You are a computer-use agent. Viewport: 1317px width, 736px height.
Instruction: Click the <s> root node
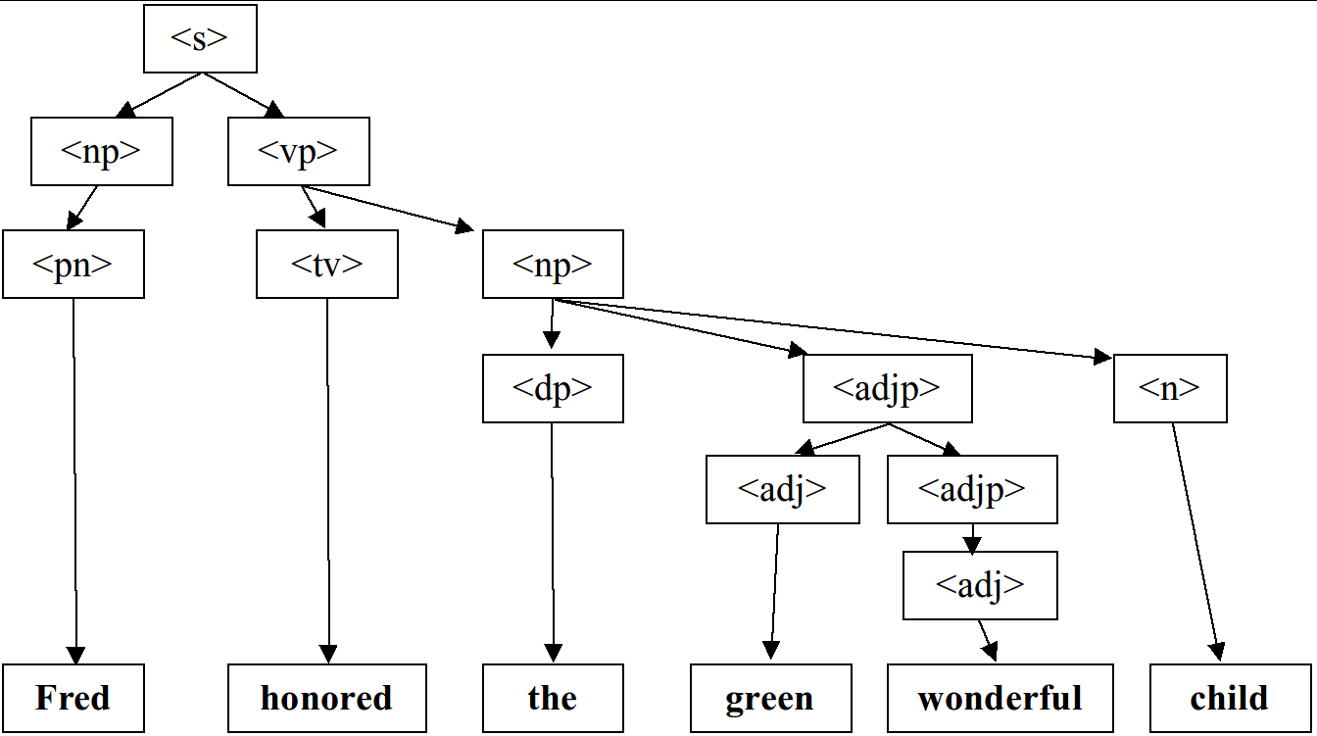click(200, 38)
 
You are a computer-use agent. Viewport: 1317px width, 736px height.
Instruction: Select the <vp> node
click(298, 151)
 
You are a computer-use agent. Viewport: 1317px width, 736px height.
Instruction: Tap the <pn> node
click(73, 264)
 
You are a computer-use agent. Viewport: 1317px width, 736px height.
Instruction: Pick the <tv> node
click(327, 264)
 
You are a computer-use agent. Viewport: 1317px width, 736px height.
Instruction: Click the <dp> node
click(553, 388)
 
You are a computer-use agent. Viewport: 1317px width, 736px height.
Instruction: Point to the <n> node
click(1170, 388)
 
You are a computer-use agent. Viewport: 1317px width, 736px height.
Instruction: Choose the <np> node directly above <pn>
click(102, 151)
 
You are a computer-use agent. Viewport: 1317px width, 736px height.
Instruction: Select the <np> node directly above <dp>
click(553, 264)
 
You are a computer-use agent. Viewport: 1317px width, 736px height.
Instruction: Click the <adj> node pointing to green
click(782, 489)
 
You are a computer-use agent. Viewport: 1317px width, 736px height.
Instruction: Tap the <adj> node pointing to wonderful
click(980, 585)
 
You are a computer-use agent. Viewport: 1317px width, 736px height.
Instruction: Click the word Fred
click(73, 698)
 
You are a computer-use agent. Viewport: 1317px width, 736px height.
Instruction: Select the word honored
click(327, 698)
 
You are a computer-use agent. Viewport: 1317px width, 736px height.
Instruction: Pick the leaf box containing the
click(553, 698)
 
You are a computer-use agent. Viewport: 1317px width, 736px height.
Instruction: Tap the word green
click(770, 698)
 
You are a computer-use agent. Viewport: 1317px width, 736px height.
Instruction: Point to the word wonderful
click(1000, 698)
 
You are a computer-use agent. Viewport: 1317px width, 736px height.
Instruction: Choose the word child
click(1231, 698)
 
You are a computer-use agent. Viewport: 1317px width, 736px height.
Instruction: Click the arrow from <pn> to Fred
click(74, 480)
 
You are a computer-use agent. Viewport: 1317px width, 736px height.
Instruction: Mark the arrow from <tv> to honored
click(328, 480)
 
